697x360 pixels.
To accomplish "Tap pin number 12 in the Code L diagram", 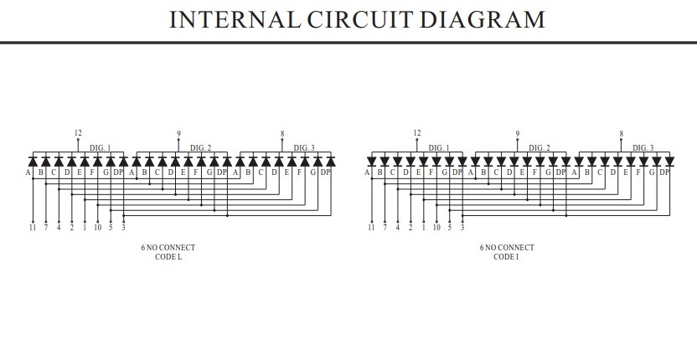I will coord(78,133).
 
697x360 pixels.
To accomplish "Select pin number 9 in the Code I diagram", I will coord(518,134).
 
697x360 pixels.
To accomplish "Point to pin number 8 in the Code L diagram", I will coord(281,134).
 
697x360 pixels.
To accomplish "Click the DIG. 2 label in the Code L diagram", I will coord(200,148).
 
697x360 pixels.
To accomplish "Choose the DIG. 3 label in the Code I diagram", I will coord(643,148).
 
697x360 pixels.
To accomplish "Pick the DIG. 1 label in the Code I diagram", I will coord(439,148).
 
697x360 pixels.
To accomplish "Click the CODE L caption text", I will coord(168,257).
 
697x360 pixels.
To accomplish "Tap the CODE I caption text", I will coord(506,257).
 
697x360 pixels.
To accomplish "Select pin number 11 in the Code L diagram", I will coord(33,227).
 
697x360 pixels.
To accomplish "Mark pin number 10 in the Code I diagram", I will coord(436,227).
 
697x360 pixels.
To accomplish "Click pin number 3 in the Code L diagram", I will coord(123,227).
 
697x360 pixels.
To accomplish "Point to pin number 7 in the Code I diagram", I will coord(385,227).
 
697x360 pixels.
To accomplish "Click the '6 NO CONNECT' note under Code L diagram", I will coord(168,248).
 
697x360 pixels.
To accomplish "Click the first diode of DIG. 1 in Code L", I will coord(33,161).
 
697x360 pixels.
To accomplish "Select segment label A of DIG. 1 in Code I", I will coord(367,172).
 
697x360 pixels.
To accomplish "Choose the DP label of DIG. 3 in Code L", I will coord(325,172).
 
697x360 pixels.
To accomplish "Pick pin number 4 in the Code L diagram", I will coord(59,227).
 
